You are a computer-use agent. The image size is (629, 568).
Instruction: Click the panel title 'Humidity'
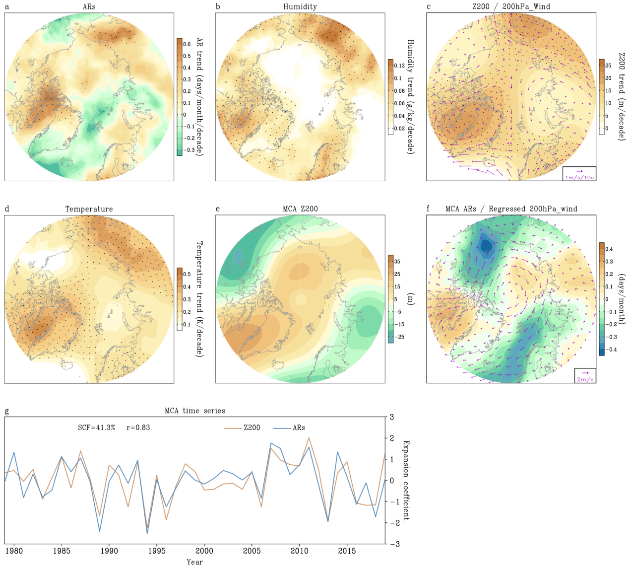click(x=300, y=6)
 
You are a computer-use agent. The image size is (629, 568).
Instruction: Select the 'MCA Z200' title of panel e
click(x=300, y=209)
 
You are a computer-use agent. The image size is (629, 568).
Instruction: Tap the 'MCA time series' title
click(x=194, y=411)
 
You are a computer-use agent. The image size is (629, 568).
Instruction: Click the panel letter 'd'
click(x=7, y=209)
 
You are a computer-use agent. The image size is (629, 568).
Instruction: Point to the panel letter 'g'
click(x=7, y=411)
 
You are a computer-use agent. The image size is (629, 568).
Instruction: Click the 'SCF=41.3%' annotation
click(x=97, y=428)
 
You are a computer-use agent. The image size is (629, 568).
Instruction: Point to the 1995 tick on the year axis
click(x=157, y=551)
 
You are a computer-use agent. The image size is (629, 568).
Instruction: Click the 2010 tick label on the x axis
click(x=299, y=551)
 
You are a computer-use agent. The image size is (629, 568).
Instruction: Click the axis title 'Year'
click(x=194, y=562)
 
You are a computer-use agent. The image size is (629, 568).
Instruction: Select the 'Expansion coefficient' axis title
click(x=406, y=480)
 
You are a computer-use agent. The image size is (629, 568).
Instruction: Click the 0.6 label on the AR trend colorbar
click(x=187, y=44)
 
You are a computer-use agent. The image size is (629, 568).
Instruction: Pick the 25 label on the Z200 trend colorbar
click(x=608, y=66)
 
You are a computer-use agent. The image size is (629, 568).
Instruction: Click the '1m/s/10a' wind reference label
click(x=580, y=177)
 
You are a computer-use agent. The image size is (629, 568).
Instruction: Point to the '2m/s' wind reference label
click(x=585, y=380)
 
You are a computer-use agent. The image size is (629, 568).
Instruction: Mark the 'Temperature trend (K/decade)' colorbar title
click(x=200, y=299)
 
